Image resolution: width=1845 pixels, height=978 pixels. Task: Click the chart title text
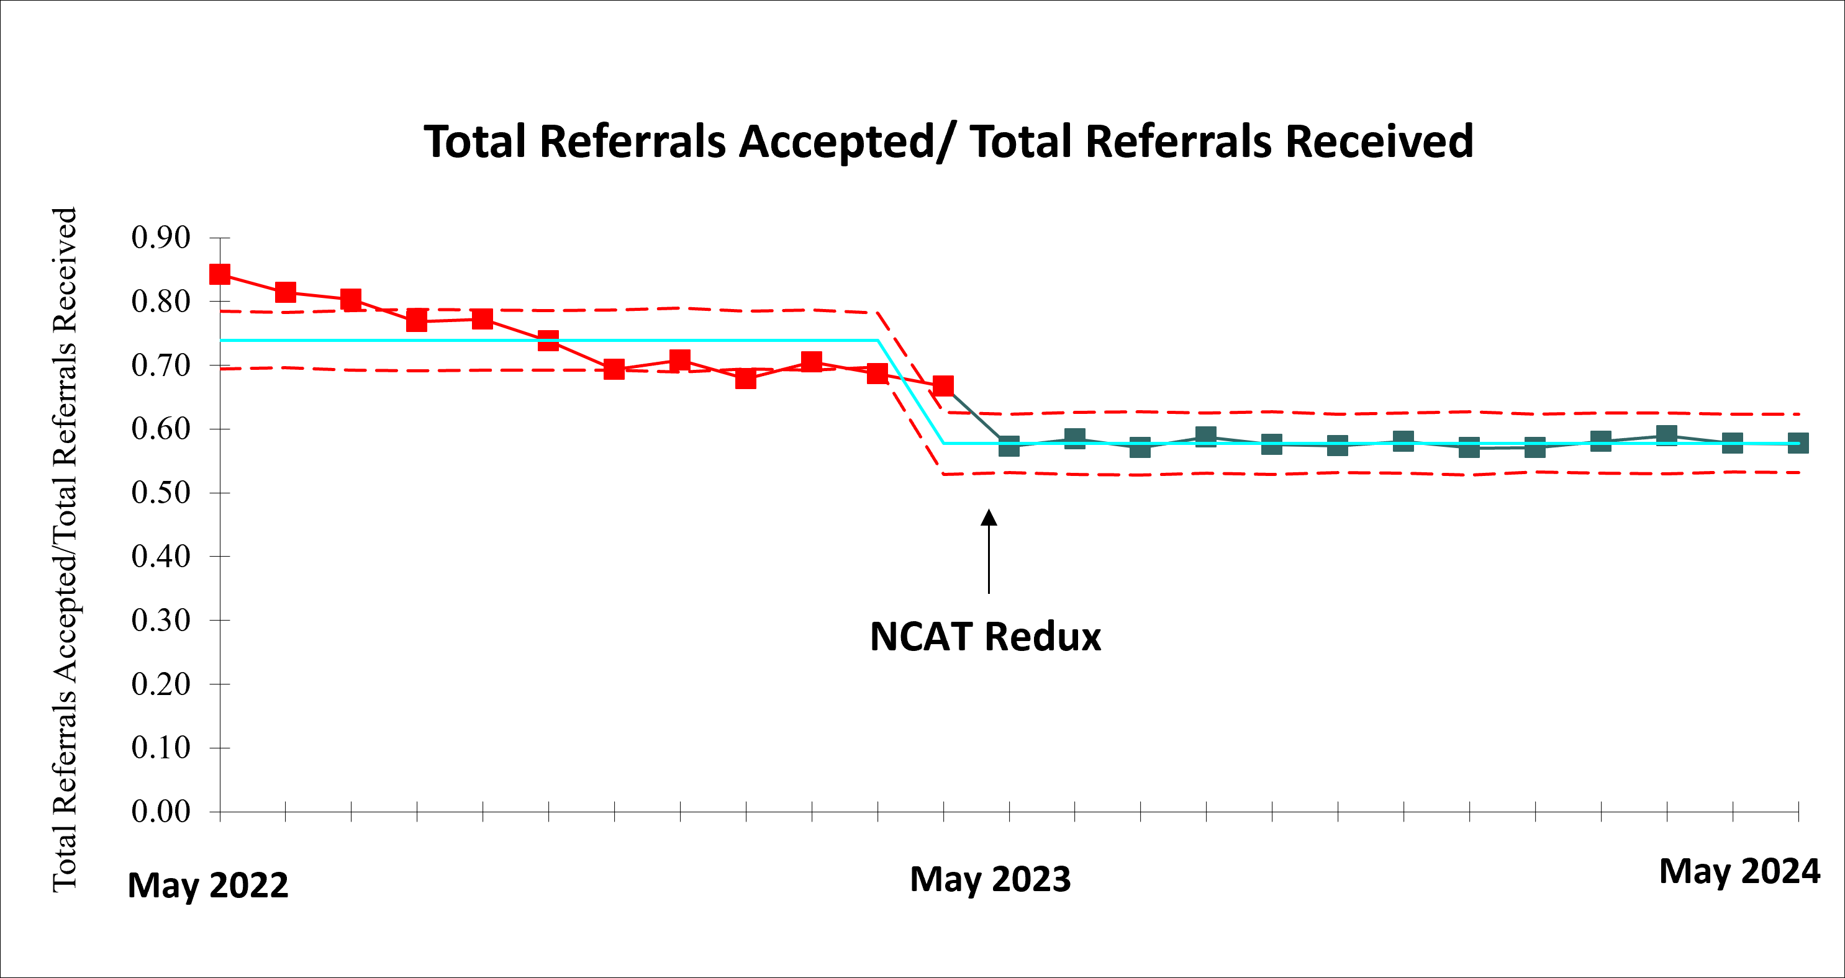(x=948, y=141)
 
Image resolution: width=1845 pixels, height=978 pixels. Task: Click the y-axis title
(x=65, y=549)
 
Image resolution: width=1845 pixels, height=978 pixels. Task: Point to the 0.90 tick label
(x=160, y=238)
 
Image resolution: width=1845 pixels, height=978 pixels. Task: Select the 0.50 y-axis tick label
(x=160, y=493)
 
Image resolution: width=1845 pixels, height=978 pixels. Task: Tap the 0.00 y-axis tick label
(x=160, y=811)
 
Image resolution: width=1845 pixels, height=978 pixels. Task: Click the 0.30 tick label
(x=160, y=620)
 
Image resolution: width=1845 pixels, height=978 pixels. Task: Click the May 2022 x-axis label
(x=207, y=885)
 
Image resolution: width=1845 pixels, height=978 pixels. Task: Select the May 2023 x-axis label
(x=990, y=879)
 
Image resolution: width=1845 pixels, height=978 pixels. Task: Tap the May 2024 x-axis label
(x=1739, y=871)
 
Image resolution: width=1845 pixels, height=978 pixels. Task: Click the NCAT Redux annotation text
(x=985, y=637)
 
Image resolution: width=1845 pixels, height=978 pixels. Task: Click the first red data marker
(x=220, y=274)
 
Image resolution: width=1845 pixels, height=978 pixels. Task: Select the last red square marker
(x=943, y=386)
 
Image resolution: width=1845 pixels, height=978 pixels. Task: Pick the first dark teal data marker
(x=1009, y=446)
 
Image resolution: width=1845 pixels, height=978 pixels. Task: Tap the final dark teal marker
(x=1798, y=443)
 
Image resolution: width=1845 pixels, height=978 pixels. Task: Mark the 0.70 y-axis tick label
(x=160, y=365)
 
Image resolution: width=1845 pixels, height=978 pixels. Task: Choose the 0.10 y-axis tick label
(x=160, y=747)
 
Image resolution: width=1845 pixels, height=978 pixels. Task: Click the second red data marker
(x=286, y=292)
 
